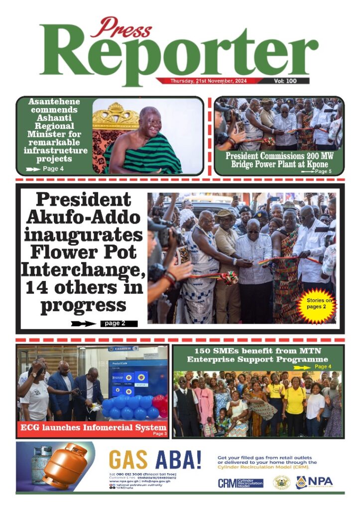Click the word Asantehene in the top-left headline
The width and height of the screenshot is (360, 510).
[54, 102]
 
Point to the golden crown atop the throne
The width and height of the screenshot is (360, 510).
[116, 114]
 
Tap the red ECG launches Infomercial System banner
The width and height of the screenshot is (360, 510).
[93, 427]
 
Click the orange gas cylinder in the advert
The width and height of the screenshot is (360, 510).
[65, 468]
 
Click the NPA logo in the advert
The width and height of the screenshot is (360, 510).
[315, 482]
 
